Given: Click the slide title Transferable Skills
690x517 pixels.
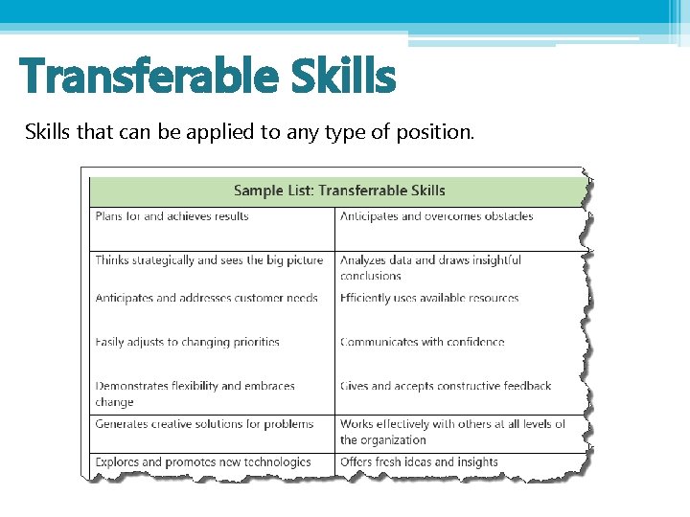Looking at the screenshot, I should (x=207, y=76).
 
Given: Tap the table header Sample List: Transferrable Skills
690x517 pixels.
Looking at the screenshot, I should (x=339, y=191).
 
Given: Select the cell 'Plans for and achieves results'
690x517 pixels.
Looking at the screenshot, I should (x=172, y=216).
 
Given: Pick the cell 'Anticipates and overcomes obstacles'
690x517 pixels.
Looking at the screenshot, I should (x=436, y=216).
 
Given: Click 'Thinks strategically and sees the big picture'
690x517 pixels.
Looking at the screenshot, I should (x=209, y=259).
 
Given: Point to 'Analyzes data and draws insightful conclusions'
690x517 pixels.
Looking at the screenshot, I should (x=430, y=267).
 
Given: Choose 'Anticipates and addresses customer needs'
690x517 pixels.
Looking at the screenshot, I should (x=206, y=298).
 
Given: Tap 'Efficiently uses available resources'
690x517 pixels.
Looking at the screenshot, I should (x=428, y=298).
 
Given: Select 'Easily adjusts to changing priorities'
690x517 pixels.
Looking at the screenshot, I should (x=187, y=342).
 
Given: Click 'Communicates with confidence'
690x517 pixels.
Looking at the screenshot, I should (x=422, y=342).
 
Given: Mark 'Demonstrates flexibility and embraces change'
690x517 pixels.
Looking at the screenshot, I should (x=195, y=393).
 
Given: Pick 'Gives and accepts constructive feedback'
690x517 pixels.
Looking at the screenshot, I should (x=446, y=386).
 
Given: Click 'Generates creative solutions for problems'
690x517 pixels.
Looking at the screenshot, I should (x=204, y=423).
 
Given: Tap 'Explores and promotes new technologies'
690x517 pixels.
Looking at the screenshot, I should (x=203, y=461).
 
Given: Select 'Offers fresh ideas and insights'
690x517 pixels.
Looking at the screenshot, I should (x=419, y=461).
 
